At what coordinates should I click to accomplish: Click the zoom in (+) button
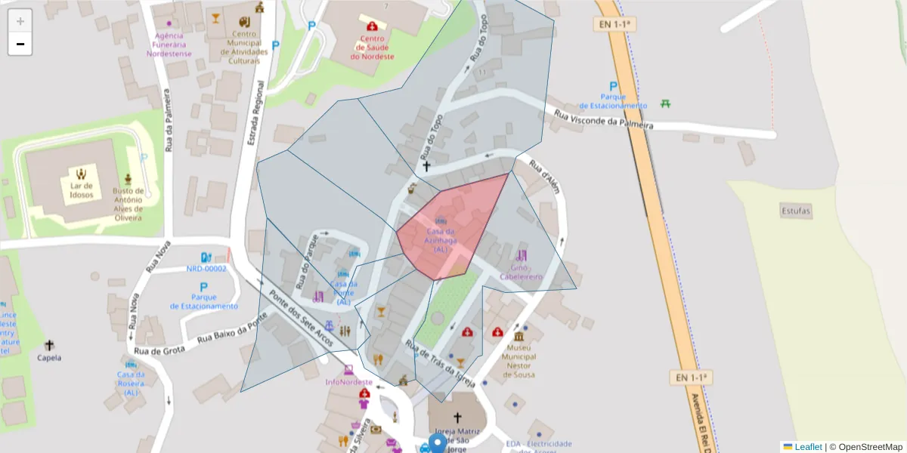[20, 21]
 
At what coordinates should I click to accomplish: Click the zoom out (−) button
[20, 44]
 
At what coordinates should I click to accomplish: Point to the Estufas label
[796, 211]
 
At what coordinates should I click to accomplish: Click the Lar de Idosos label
[82, 190]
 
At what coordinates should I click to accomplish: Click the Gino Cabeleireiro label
[521, 273]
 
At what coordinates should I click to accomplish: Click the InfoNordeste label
[348, 383]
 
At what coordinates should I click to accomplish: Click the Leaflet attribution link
[808, 447]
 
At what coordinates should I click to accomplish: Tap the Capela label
[49, 358]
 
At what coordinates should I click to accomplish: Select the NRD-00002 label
[206, 269]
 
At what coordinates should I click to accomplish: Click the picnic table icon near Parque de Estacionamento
[665, 103]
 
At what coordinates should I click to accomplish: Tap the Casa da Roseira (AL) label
[132, 384]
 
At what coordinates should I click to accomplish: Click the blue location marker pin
[438, 443]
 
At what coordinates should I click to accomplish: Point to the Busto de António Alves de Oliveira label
[128, 204]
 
